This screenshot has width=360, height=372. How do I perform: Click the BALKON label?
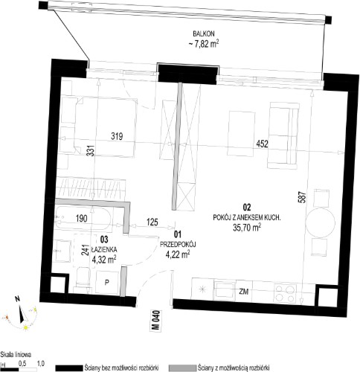(204, 33)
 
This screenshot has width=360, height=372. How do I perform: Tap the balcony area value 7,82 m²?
(204, 44)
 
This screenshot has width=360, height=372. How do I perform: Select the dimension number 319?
(117, 136)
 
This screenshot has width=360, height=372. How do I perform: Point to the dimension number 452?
(263, 144)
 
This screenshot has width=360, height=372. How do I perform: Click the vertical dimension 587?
(303, 197)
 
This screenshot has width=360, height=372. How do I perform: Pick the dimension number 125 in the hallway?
(152, 222)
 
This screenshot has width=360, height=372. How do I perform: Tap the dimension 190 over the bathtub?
(82, 219)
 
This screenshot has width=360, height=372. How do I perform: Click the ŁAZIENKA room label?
(104, 249)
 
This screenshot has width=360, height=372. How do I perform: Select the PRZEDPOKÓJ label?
(178, 245)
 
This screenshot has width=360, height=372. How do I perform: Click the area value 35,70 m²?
(247, 227)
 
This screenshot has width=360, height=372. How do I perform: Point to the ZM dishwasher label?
(244, 292)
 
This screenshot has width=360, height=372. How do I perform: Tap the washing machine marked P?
(107, 283)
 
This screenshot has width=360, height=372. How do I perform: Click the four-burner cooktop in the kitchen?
(285, 293)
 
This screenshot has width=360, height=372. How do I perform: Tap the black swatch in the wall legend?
(68, 368)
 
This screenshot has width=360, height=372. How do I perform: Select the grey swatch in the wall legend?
(182, 368)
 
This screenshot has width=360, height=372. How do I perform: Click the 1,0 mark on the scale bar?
(41, 363)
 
